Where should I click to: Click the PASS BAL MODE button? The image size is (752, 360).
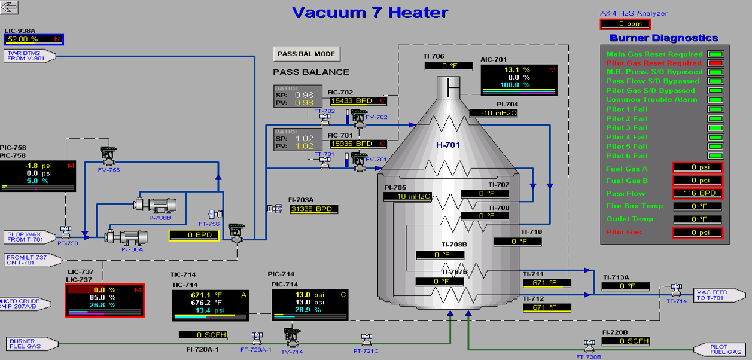(306, 54)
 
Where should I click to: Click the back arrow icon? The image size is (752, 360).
(10, 7)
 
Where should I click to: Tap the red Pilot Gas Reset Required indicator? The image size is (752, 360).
(715, 63)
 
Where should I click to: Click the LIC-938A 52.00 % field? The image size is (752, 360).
(34, 39)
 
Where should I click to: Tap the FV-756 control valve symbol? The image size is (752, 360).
(109, 154)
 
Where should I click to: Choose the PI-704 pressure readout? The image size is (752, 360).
(494, 112)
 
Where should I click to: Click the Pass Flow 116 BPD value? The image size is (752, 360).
(698, 193)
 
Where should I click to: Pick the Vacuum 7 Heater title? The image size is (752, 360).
(370, 12)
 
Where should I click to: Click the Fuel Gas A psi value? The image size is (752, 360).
(698, 167)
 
